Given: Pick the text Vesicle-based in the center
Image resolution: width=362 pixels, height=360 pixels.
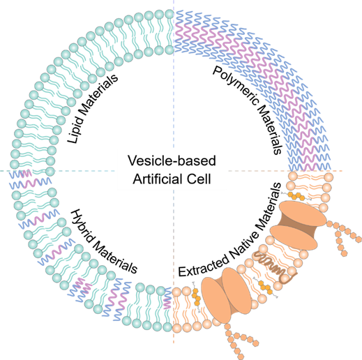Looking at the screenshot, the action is (172, 160).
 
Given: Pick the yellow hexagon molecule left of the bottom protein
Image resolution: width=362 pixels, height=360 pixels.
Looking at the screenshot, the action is (196, 297).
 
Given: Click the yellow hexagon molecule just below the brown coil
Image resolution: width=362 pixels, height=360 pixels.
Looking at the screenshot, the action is (266, 287).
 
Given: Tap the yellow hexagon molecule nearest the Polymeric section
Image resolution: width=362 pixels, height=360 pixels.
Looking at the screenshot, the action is (296, 196).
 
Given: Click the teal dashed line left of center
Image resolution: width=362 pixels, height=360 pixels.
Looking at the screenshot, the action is (58, 171).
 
